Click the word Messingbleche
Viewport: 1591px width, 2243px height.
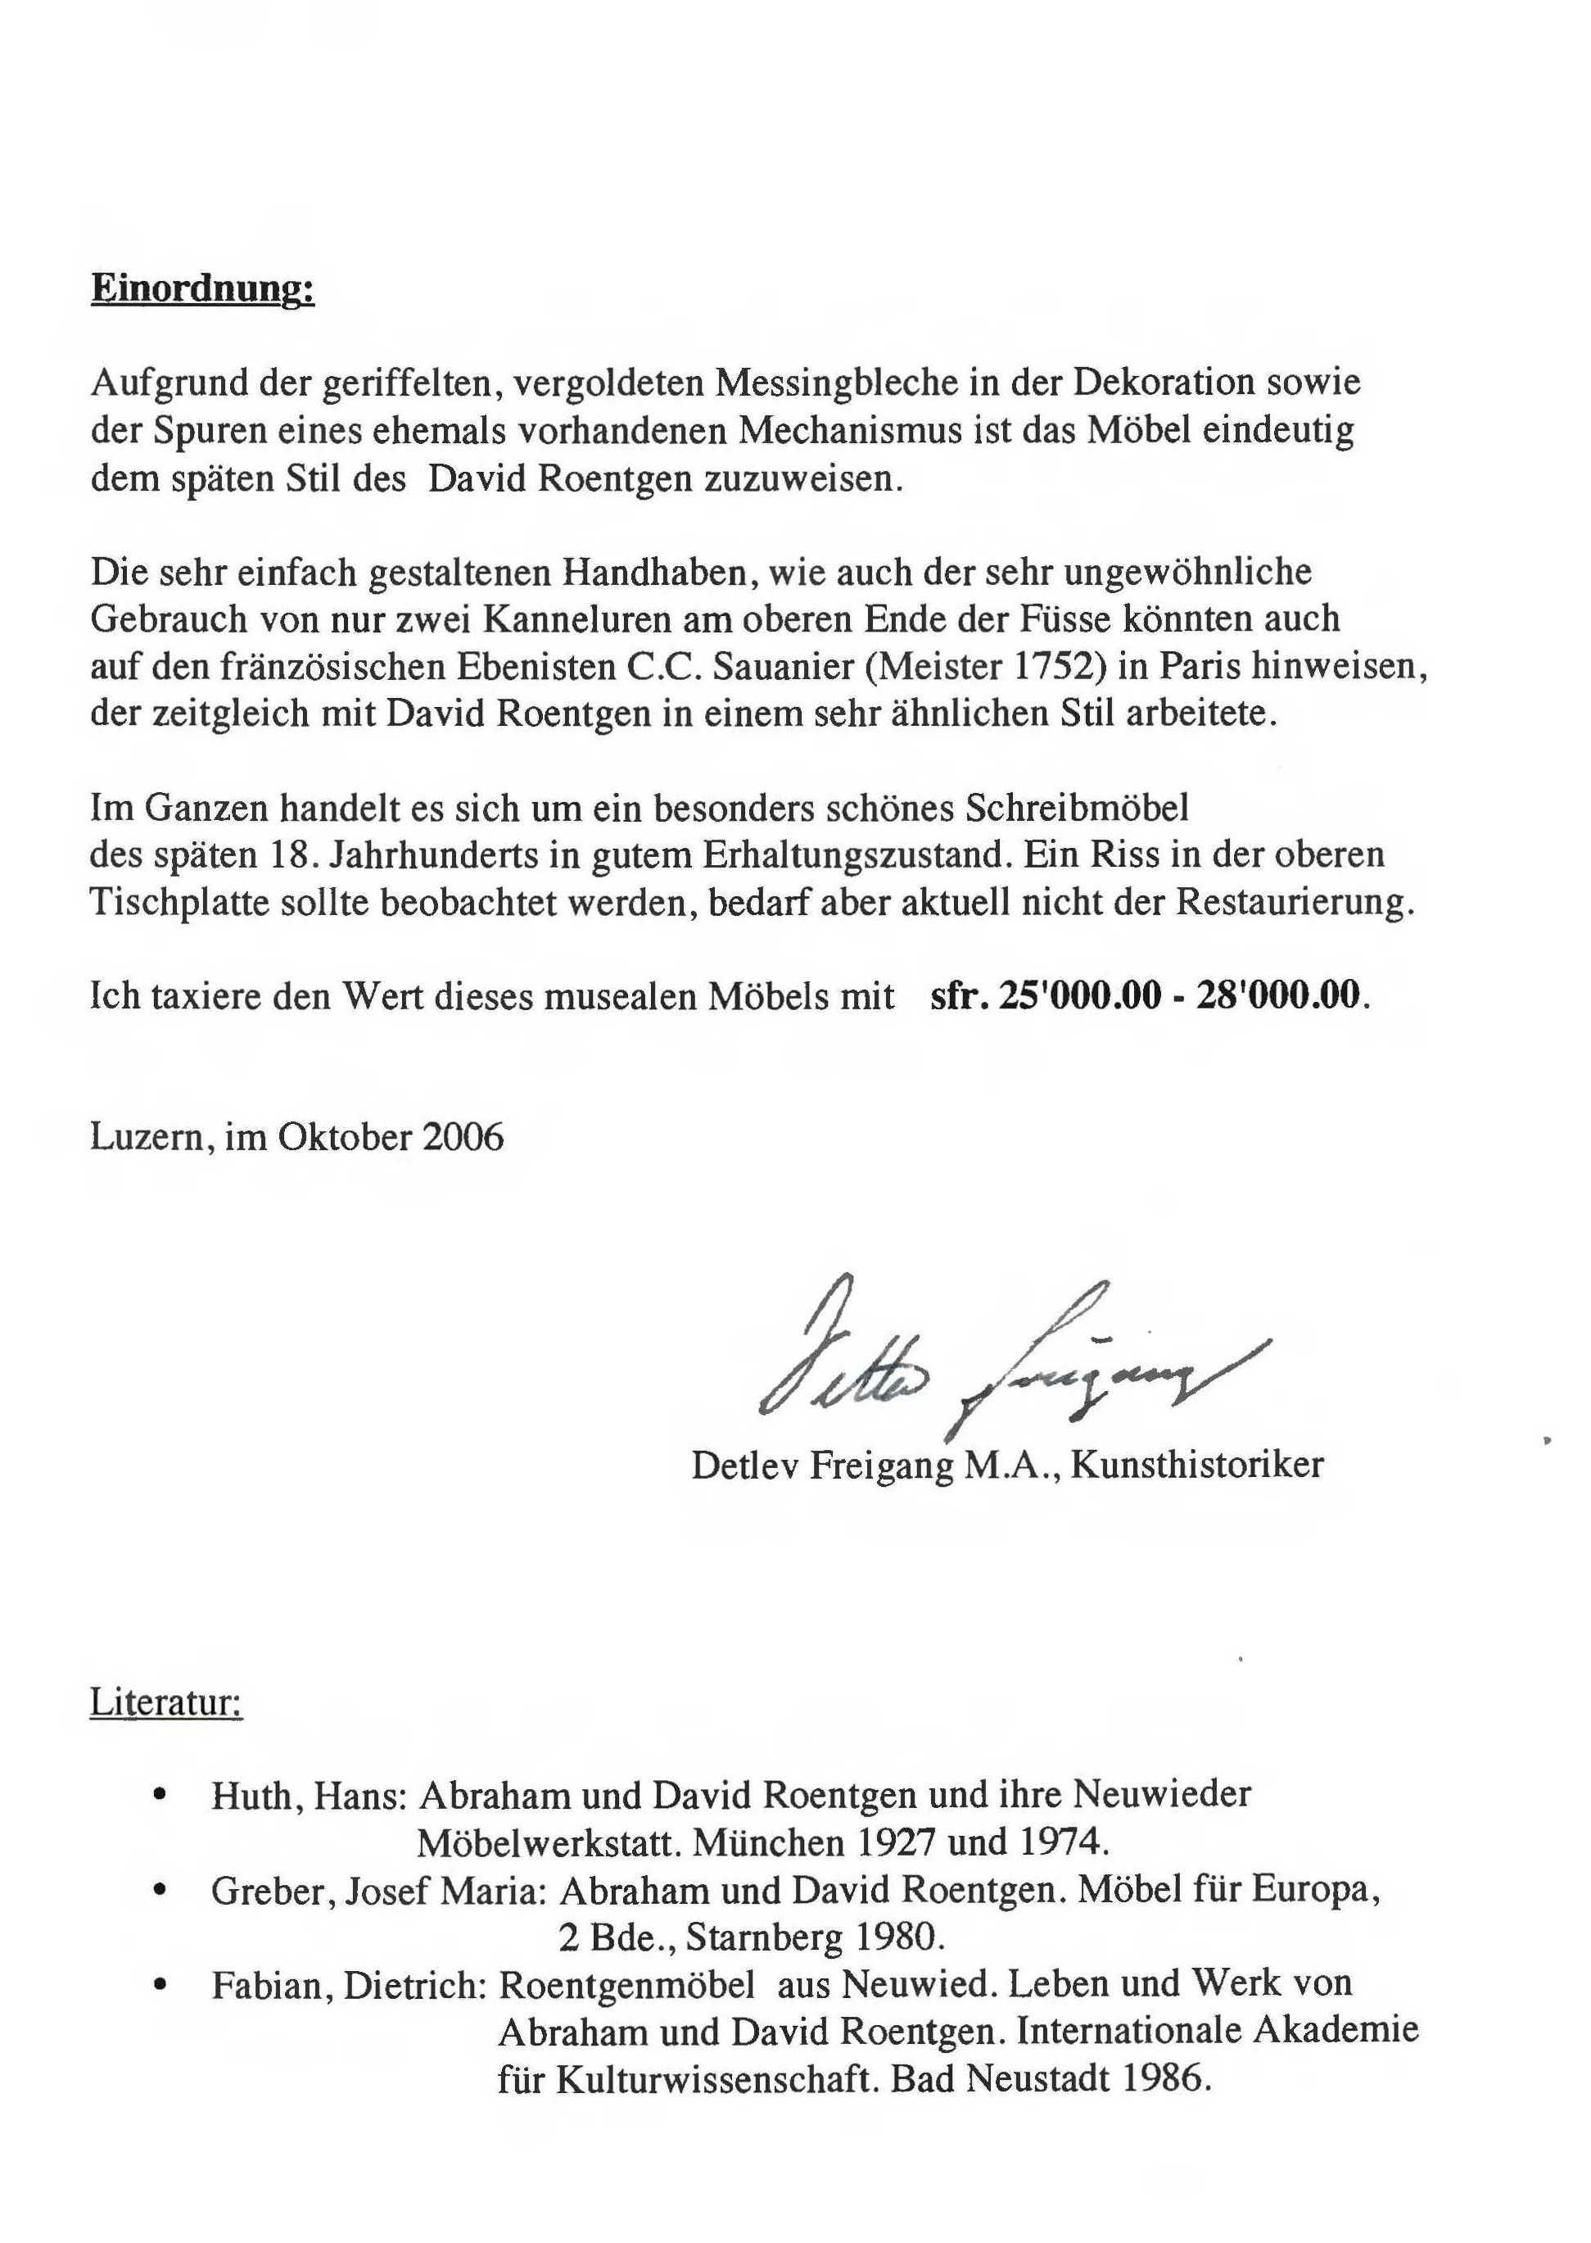(x=834, y=383)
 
